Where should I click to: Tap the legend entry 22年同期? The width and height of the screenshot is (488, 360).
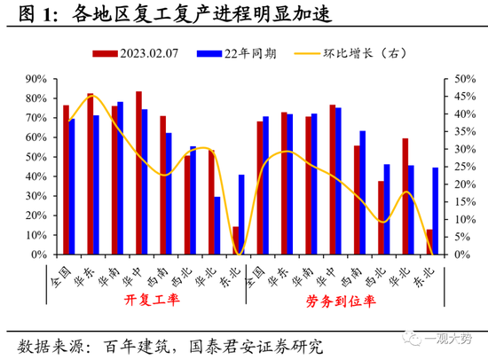(x=249, y=52)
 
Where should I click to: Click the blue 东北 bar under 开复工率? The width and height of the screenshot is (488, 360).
(x=242, y=215)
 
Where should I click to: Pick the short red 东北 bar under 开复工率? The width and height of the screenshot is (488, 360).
(x=236, y=240)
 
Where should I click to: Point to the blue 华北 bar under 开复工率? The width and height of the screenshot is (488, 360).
(x=217, y=225)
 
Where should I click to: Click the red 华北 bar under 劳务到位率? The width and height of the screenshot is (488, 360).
(x=405, y=197)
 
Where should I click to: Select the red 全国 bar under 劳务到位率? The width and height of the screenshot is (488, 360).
(x=260, y=188)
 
